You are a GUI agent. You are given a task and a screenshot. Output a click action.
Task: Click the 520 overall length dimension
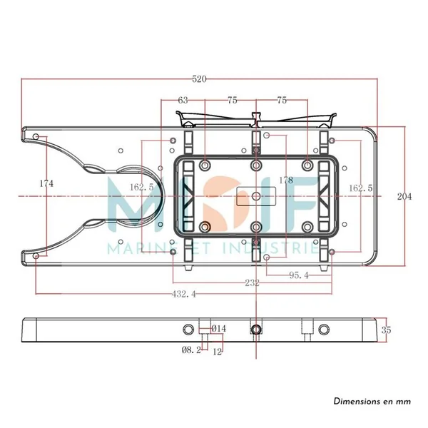199,79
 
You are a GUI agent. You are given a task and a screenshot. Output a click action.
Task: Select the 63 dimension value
183,101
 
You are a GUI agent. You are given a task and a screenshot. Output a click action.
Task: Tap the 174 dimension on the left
46,184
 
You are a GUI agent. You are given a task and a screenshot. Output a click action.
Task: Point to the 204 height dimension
404,197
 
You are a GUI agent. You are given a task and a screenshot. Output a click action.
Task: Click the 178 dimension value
286,180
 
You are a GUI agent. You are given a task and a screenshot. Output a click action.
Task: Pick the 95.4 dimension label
299,275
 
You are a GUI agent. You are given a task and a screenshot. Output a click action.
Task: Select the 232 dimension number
252,283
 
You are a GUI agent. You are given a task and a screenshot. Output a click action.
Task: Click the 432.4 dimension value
184,294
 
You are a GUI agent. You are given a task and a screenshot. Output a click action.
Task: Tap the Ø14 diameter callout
219,329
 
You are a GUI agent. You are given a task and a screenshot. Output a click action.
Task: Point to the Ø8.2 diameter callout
191,350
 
